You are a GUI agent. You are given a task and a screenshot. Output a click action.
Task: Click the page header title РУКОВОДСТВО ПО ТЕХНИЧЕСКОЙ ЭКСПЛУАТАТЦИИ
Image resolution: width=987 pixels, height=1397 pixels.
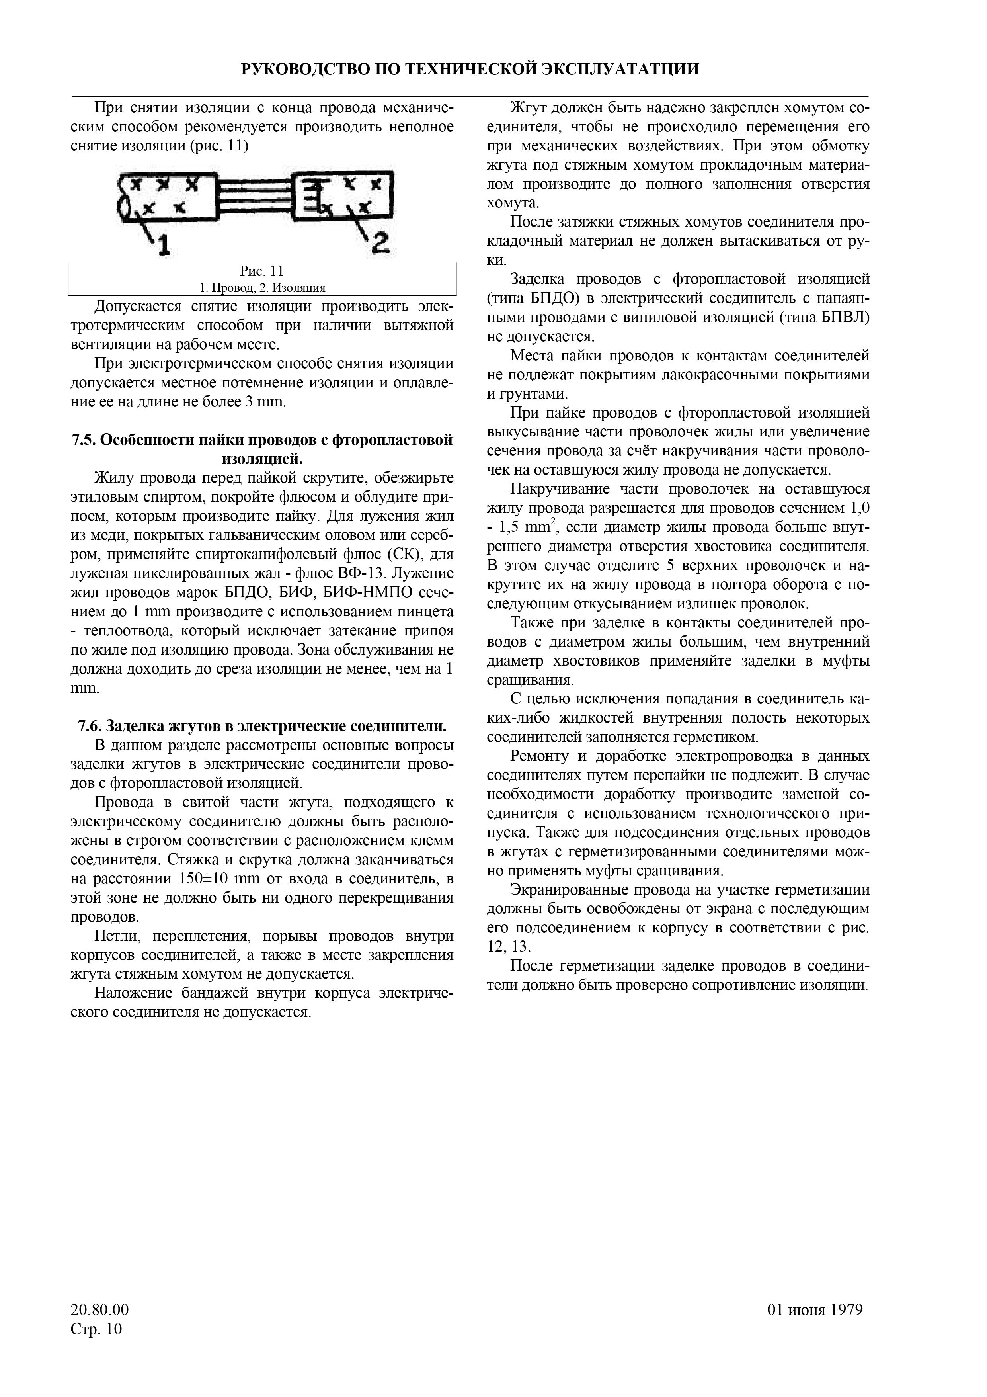(470, 69)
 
